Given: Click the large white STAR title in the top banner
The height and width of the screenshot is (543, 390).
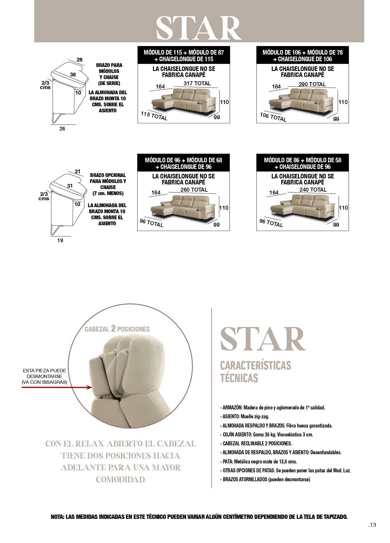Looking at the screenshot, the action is (x=199, y=28).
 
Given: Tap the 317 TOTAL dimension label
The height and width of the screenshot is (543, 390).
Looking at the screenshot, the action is (x=197, y=83).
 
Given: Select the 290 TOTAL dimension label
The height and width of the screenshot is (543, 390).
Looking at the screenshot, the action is (x=312, y=84).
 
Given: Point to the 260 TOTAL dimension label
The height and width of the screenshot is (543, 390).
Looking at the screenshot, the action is (x=194, y=190).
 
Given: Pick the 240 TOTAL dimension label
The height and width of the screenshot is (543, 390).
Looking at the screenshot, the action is (x=313, y=190).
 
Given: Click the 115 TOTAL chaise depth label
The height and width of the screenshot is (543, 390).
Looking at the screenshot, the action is (x=154, y=116).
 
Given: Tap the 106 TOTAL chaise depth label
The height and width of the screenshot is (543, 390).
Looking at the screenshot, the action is (x=273, y=117).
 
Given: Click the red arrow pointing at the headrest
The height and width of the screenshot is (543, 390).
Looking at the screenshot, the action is (x=57, y=387).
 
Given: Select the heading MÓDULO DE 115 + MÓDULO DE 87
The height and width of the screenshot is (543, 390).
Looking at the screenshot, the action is (x=184, y=52).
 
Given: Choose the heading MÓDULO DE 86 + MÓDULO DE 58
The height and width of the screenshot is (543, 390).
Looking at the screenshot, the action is (x=302, y=160).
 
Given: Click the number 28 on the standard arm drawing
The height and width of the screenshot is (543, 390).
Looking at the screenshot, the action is (x=79, y=60).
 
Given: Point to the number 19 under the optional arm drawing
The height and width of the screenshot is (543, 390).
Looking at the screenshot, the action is (x=60, y=240).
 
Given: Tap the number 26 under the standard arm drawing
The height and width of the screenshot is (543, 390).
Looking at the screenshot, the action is (x=62, y=129).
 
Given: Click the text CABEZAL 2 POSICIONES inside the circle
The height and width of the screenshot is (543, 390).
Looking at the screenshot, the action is (x=117, y=329).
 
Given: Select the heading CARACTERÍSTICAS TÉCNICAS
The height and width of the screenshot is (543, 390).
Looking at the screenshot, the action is (x=255, y=372).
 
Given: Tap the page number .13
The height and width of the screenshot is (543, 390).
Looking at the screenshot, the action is (x=372, y=525).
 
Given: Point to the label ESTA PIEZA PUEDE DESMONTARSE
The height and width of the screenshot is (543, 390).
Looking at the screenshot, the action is (x=44, y=373).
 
